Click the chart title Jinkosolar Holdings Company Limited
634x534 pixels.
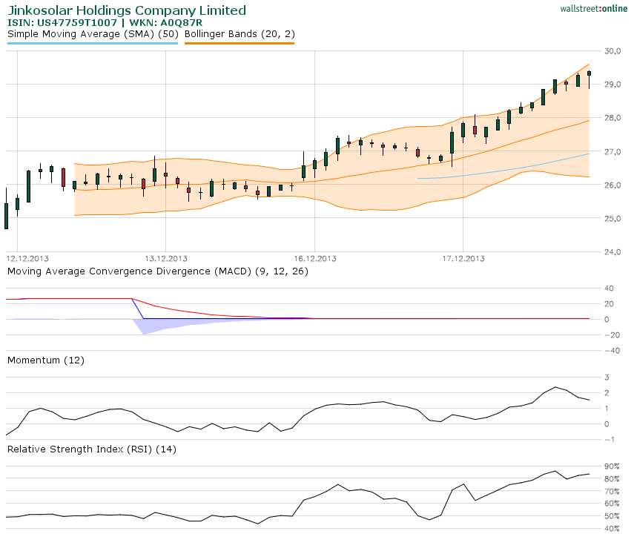point(127,10)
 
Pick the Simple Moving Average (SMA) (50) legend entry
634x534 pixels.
point(92,34)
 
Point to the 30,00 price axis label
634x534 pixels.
point(612,51)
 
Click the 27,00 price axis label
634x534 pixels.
point(612,152)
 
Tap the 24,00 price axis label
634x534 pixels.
point(612,252)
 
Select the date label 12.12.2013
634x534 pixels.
point(27,259)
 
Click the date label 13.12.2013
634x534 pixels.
point(166,259)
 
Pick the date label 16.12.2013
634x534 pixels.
point(315,259)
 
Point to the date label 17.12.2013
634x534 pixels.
point(463,259)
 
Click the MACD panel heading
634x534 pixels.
point(158,271)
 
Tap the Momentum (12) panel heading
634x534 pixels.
point(46,360)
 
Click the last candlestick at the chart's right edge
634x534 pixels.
point(589,73)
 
